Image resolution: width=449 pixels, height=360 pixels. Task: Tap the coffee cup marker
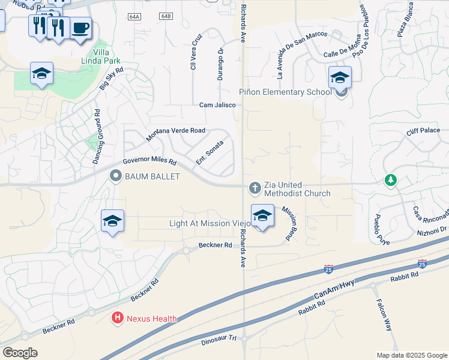coord(81,28)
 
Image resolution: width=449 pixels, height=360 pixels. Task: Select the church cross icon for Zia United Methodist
coord(255,188)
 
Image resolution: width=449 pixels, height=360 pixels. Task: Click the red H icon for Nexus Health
coord(118,319)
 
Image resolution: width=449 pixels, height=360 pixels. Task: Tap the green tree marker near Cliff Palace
coord(391,179)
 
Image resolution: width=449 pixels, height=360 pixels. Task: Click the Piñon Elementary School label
coord(285,92)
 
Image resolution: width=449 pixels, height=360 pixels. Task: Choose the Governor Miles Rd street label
coord(149,162)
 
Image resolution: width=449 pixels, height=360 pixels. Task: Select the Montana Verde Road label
coord(176,134)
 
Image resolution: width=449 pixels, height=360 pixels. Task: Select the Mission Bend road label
coord(289,224)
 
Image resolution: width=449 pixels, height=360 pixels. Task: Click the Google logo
coord(20,352)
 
